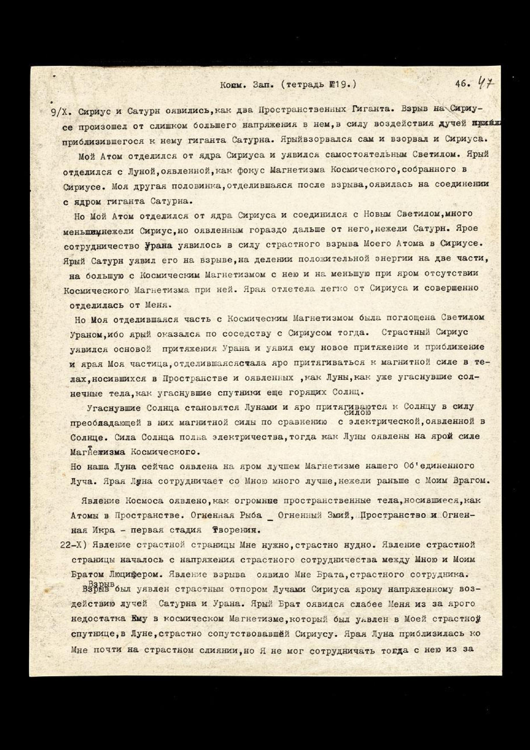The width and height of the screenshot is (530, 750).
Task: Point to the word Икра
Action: (101, 530)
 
